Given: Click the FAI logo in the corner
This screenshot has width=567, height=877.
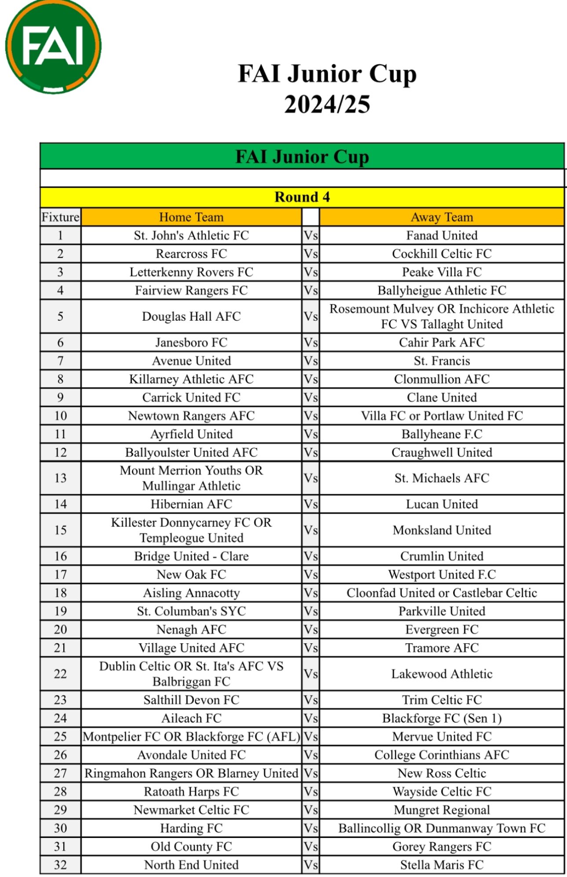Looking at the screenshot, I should coord(53,46).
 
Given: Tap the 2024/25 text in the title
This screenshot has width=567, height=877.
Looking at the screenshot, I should coord(327,105).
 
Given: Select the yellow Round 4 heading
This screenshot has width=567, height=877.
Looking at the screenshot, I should coord(302,197).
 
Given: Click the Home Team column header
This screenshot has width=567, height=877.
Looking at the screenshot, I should coord(191,217).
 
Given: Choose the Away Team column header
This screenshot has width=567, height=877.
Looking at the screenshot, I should coord(442,217).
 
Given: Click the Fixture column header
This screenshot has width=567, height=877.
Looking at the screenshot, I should coord(60,217).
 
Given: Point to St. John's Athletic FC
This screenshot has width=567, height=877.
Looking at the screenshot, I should coord(191,236).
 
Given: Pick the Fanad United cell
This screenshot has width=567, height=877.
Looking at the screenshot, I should coord(442,236).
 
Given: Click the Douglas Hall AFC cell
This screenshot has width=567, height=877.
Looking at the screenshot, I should coord(191,316).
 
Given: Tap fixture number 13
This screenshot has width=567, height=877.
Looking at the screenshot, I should coord(60,478).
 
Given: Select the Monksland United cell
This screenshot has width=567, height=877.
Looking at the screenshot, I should coord(442,530).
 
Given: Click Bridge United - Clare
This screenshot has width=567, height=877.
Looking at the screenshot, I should coord(191,556).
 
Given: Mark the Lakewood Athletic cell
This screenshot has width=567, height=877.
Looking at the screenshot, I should coord(442,674).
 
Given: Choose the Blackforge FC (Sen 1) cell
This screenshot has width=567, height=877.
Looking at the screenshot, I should coord(442,718).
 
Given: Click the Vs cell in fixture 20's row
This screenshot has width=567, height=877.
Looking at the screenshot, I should coord(310,630).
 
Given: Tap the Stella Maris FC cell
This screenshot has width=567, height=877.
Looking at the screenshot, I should coord(442,865).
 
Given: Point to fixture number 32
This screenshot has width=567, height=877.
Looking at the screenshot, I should coord(60,865).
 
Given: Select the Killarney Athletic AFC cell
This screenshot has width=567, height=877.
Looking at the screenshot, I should coord(191,379).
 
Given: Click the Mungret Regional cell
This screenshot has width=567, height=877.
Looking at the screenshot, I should coord(442,810).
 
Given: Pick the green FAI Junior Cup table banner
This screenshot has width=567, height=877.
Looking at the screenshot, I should coord(302,156).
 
